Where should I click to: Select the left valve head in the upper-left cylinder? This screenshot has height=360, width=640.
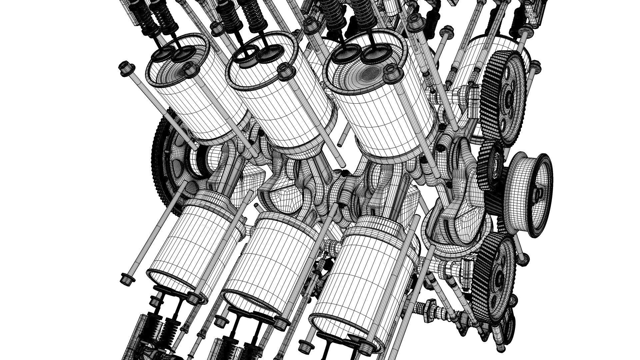tap(161, 55)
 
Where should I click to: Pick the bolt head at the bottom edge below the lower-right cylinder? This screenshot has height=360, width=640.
tap(303, 347)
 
